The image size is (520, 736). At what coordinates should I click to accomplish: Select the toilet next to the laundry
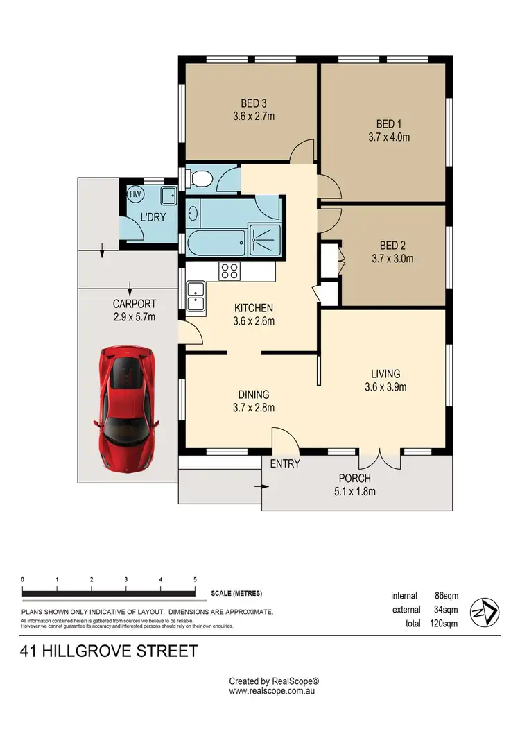[x=200, y=180]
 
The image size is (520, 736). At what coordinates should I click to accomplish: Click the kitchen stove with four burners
[x=229, y=270]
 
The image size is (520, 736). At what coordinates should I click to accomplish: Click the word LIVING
[x=385, y=373]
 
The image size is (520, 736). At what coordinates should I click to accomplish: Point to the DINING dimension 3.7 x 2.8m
[x=254, y=408]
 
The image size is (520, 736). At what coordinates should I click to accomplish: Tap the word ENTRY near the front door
[x=285, y=463]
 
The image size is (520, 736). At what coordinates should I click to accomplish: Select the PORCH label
[x=354, y=479]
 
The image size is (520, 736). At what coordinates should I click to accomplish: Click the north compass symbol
[x=483, y=610]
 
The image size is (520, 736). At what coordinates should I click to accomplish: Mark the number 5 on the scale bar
[x=195, y=579]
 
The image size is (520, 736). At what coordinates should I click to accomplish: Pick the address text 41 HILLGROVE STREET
[x=109, y=651]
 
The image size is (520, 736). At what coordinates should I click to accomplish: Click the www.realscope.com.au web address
[x=273, y=691]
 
